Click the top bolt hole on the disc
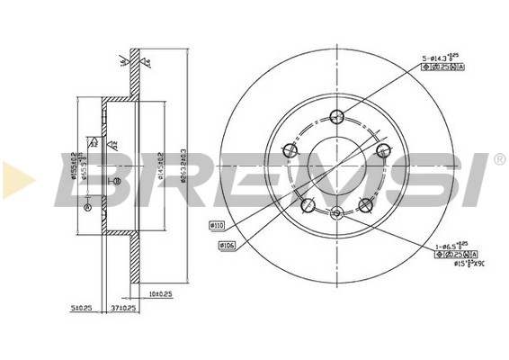[337, 115]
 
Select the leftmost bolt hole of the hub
[290, 150]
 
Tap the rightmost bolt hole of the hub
[383, 149]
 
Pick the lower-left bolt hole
[308, 203]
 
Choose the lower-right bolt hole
[365, 204]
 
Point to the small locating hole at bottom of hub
[336, 212]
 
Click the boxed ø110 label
[218, 224]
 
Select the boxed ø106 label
[228, 244]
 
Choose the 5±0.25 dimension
[81, 307]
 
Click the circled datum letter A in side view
[87, 207]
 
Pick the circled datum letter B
[116, 183]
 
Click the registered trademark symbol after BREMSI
[499, 158]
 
